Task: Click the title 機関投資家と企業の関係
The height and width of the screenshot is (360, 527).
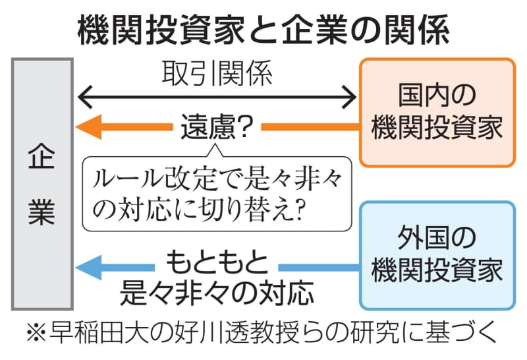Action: click(263, 29)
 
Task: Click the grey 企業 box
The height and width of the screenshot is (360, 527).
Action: click(42, 185)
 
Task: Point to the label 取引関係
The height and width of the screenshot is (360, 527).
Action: click(217, 74)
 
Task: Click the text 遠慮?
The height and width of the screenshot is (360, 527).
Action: click(217, 127)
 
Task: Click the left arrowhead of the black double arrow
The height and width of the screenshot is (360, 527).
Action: click(83, 99)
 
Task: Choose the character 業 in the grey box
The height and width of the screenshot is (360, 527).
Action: click(42, 213)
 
